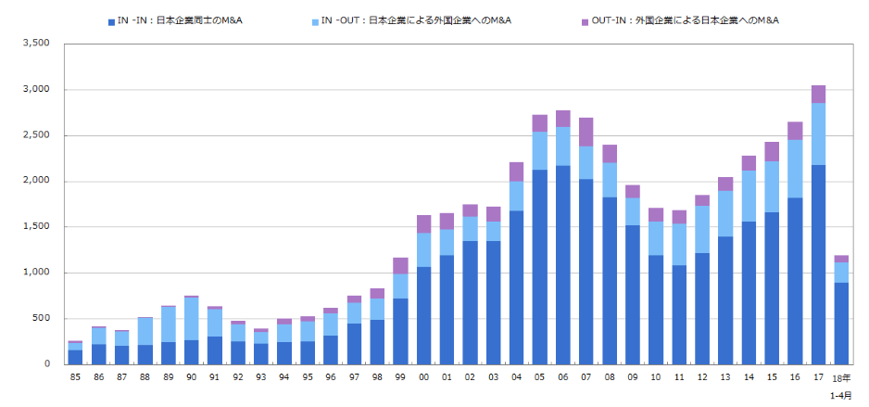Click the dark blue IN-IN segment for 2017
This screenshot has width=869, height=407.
coord(819,264)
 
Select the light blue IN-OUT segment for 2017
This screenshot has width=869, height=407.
coord(819,134)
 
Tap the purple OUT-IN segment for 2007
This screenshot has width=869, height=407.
coord(586,132)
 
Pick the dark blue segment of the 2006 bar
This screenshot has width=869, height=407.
coord(563,264)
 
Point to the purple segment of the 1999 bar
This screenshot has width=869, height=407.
coord(400,265)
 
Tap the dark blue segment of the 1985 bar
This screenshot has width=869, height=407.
coord(75,357)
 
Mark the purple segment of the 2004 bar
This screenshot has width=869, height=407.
coord(516,172)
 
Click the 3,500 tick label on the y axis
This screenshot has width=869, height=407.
coord(34,44)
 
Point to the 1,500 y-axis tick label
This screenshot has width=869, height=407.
coord(34,226)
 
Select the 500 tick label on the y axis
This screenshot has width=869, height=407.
coord(41,318)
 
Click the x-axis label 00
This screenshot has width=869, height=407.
coord(423,377)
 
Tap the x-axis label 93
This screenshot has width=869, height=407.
coord(260,377)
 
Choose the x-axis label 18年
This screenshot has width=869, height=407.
coord(841,377)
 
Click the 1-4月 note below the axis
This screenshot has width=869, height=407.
coord(841,395)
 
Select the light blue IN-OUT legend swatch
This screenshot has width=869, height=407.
coord(314,19)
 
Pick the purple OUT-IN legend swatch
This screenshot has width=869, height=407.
coord(586,19)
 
